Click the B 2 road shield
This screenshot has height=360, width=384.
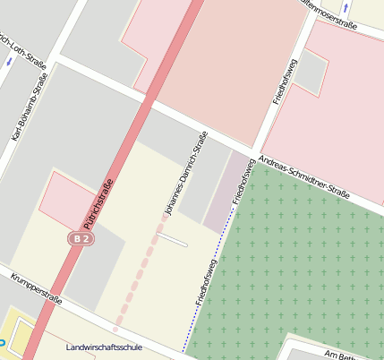[81, 239]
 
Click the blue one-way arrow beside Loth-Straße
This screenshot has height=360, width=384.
[9, 61]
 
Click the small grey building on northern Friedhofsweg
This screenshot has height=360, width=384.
[311, 73]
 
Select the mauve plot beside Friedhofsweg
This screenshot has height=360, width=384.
[225, 192]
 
